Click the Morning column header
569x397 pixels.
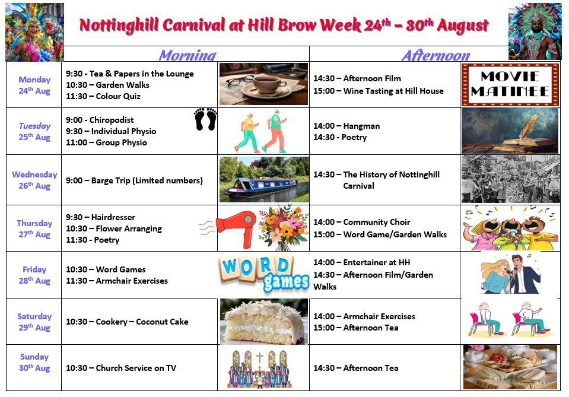(187, 55)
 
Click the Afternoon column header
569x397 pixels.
(436, 55)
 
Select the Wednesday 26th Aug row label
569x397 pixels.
(34, 180)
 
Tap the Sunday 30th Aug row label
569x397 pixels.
(34, 362)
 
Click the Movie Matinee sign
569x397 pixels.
(510, 84)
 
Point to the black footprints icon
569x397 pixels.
(205, 119)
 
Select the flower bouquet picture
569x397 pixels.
(284, 227)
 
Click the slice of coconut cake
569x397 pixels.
(263, 322)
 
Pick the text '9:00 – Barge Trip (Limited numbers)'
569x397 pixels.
(134, 181)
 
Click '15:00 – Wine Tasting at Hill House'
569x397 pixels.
(379, 91)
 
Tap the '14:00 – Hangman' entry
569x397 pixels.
(347, 126)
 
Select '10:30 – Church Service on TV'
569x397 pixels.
(121, 368)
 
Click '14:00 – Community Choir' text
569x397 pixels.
(362, 222)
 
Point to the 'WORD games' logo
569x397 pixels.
(264, 274)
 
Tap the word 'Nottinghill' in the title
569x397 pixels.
(119, 26)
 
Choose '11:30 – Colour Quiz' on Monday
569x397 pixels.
(103, 96)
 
